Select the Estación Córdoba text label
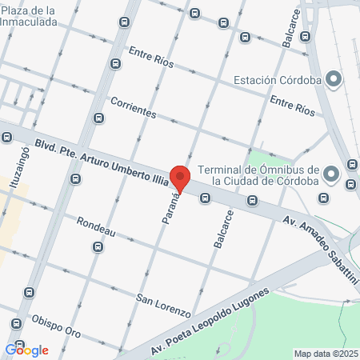click(x=277, y=80)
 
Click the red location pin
click(x=180, y=179)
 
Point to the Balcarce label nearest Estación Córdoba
click(x=290, y=31)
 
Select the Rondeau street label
click(x=96, y=228)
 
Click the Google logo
click(x=26, y=350)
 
